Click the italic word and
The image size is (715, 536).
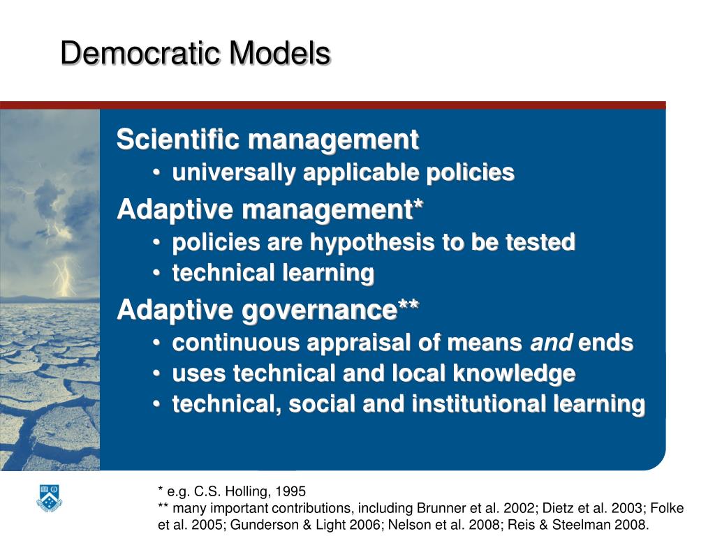point(552,343)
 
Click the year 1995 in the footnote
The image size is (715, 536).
point(291,491)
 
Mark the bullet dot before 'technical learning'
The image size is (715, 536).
point(159,274)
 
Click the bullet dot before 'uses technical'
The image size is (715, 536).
point(159,374)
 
